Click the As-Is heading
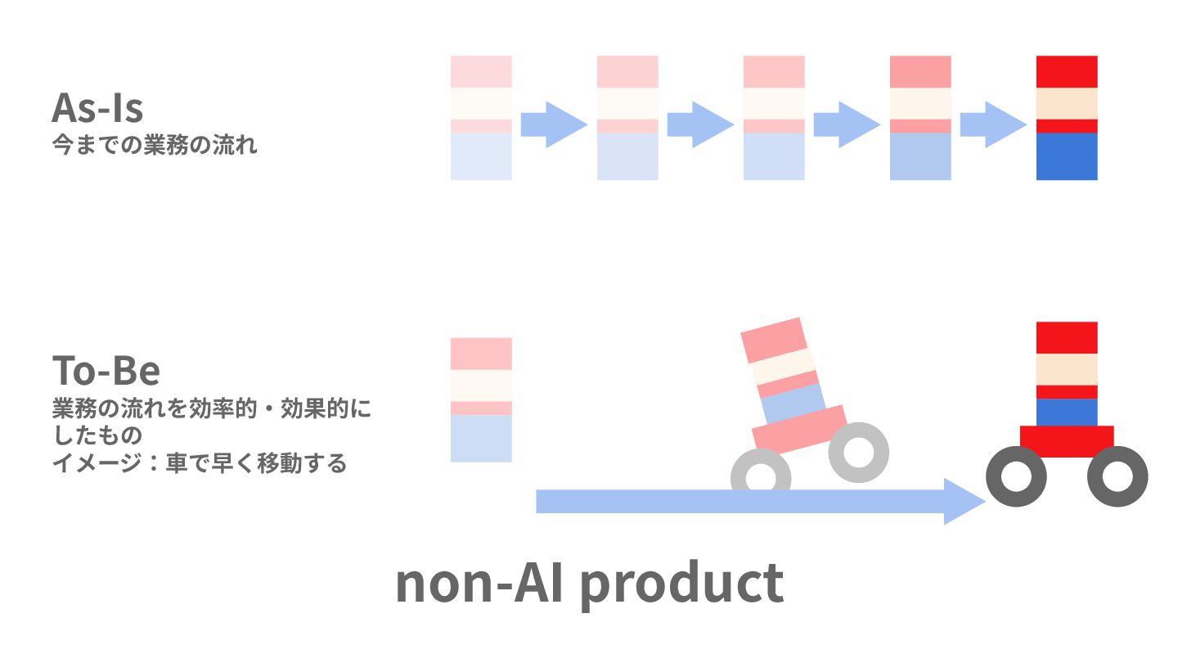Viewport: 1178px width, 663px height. tap(97, 107)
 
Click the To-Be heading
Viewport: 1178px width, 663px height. tap(106, 370)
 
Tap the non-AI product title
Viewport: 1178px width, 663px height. tap(589, 583)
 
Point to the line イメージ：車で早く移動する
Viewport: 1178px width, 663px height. tap(200, 463)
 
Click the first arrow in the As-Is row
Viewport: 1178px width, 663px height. tap(554, 124)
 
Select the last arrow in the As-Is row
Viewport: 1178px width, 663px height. tap(992, 124)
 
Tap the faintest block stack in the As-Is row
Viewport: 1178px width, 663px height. tap(481, 118)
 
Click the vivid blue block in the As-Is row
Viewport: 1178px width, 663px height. tap(1066, 156)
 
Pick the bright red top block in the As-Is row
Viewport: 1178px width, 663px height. tap(1066, 71)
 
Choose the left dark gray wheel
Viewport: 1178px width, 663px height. tap(1016, 476)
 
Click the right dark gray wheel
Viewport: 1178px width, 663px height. tap(1117, 476)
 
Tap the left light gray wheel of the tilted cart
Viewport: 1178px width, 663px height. tap(761, 475)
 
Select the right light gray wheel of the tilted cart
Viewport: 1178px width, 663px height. tap(858, 452)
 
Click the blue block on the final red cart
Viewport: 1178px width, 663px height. tap(1066, 413)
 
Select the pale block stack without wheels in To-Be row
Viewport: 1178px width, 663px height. tap(481, 399)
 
